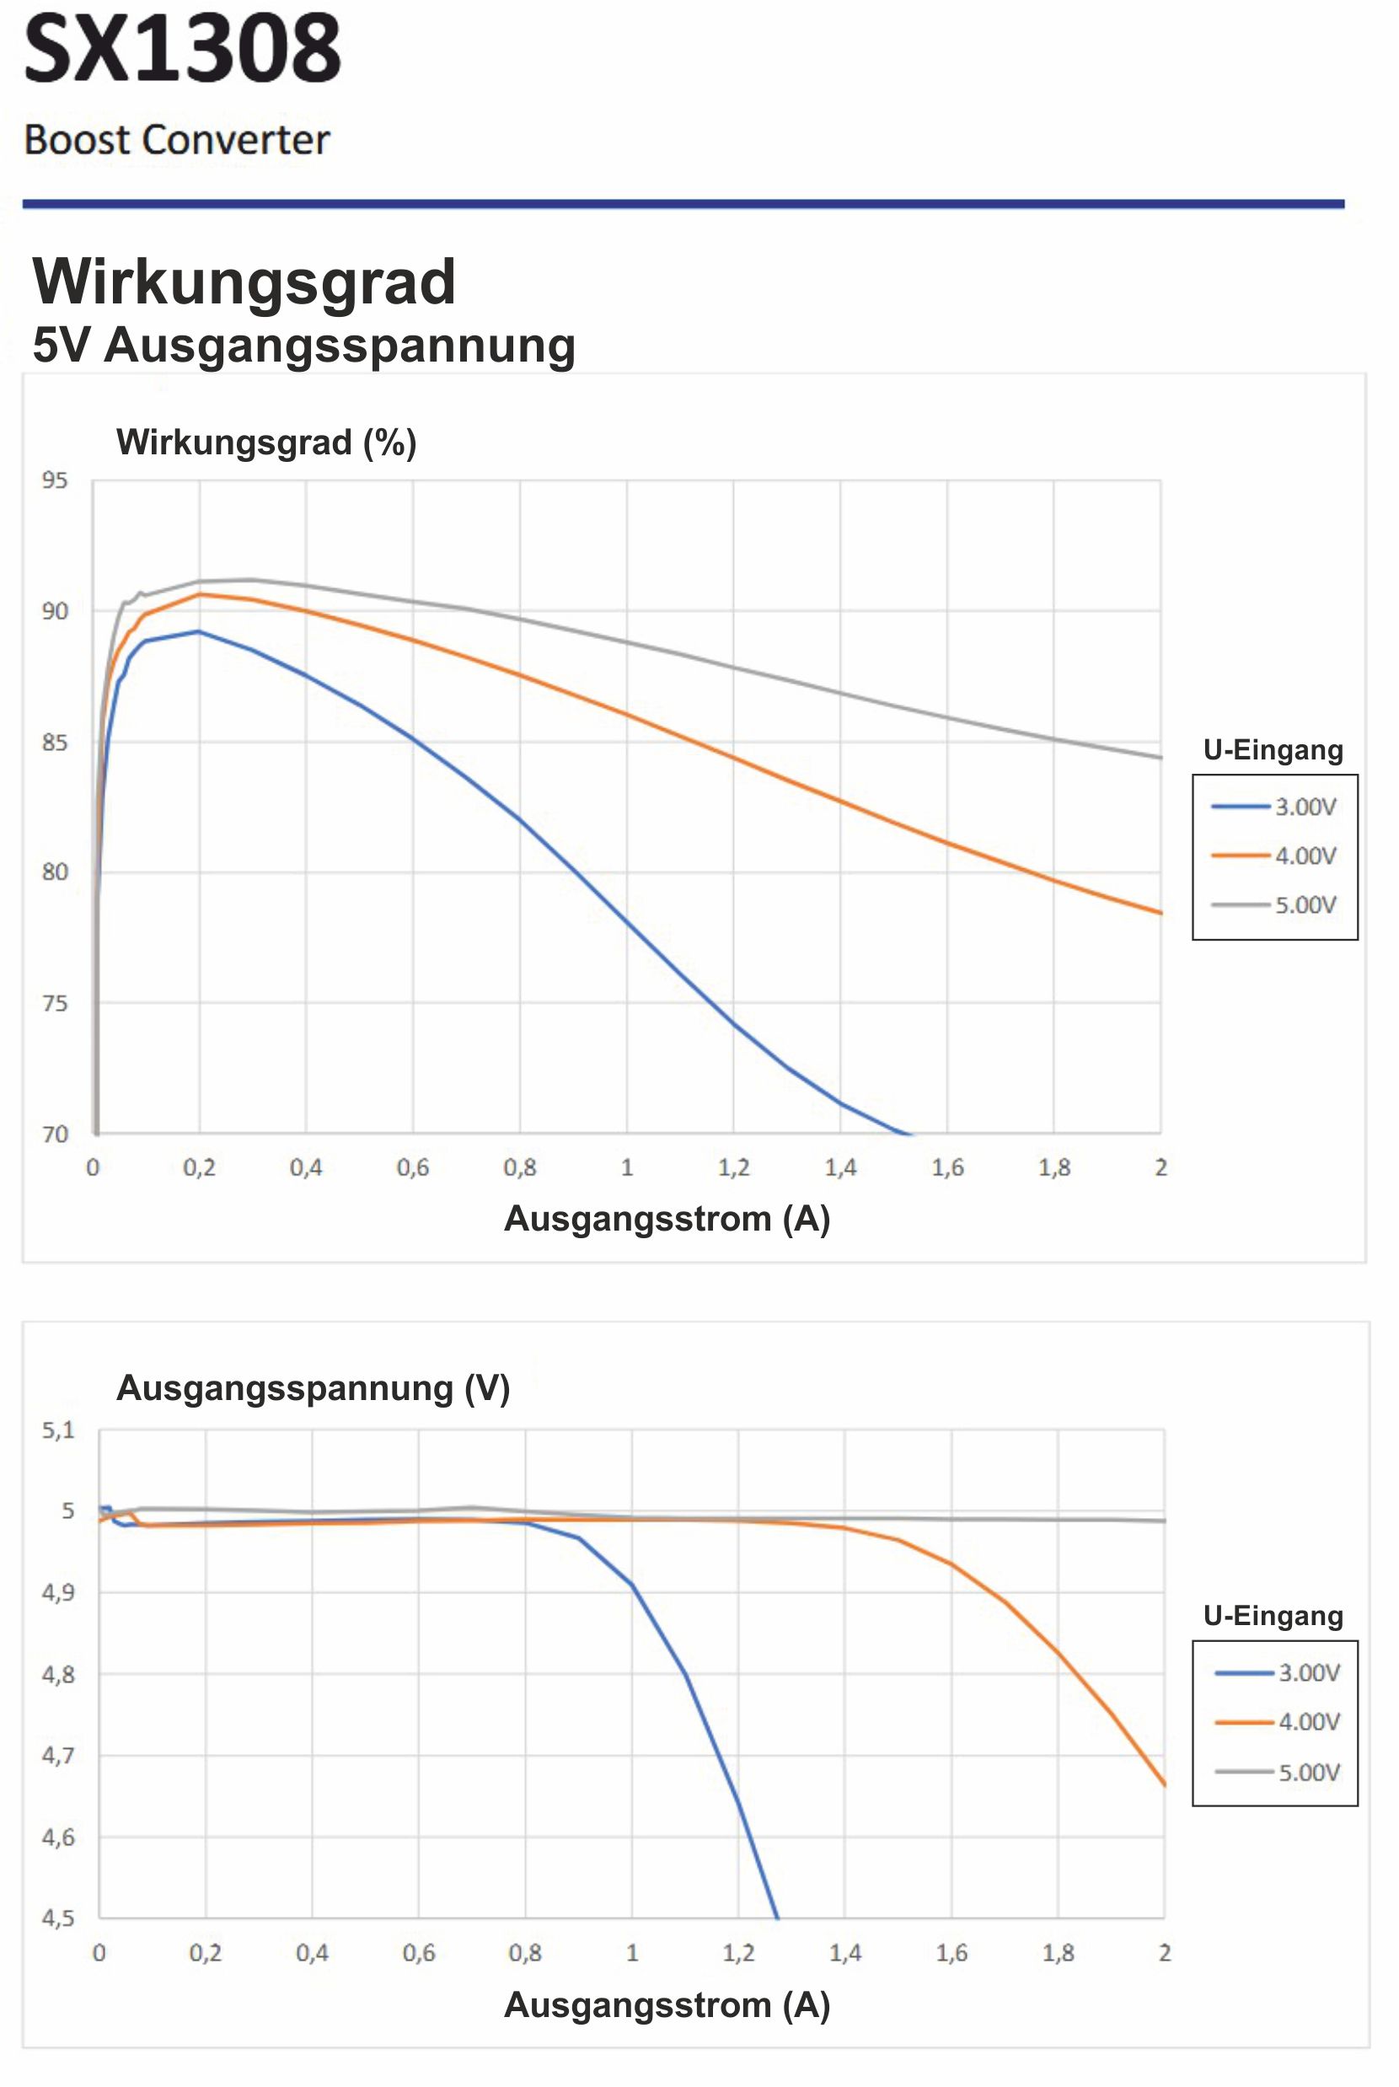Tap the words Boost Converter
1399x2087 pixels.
[x=177, y=140]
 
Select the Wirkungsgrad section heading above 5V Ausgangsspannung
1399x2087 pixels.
[x=244, y=282]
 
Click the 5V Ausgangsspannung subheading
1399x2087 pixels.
[x=303, y=346]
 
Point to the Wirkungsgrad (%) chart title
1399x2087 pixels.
[x=265, y=443]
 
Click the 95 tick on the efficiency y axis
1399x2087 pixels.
[x=55, y=481]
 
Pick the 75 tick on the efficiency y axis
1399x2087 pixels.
[x=55, y=1004]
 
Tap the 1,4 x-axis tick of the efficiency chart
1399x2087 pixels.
[x=839, y=1167]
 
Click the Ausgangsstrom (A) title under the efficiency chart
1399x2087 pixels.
[x=667, y=1219]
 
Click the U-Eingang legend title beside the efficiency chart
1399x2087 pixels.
[x=1273, y=750]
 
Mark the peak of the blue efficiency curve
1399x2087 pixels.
[x=198, y=631]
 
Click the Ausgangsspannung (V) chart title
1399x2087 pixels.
[x=313, y=1388]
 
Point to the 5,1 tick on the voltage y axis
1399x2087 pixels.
[x=58, y=1431]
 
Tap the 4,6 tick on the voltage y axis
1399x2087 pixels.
[x=58, y=1838]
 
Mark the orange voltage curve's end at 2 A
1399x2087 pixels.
[x=1165, y=1784]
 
